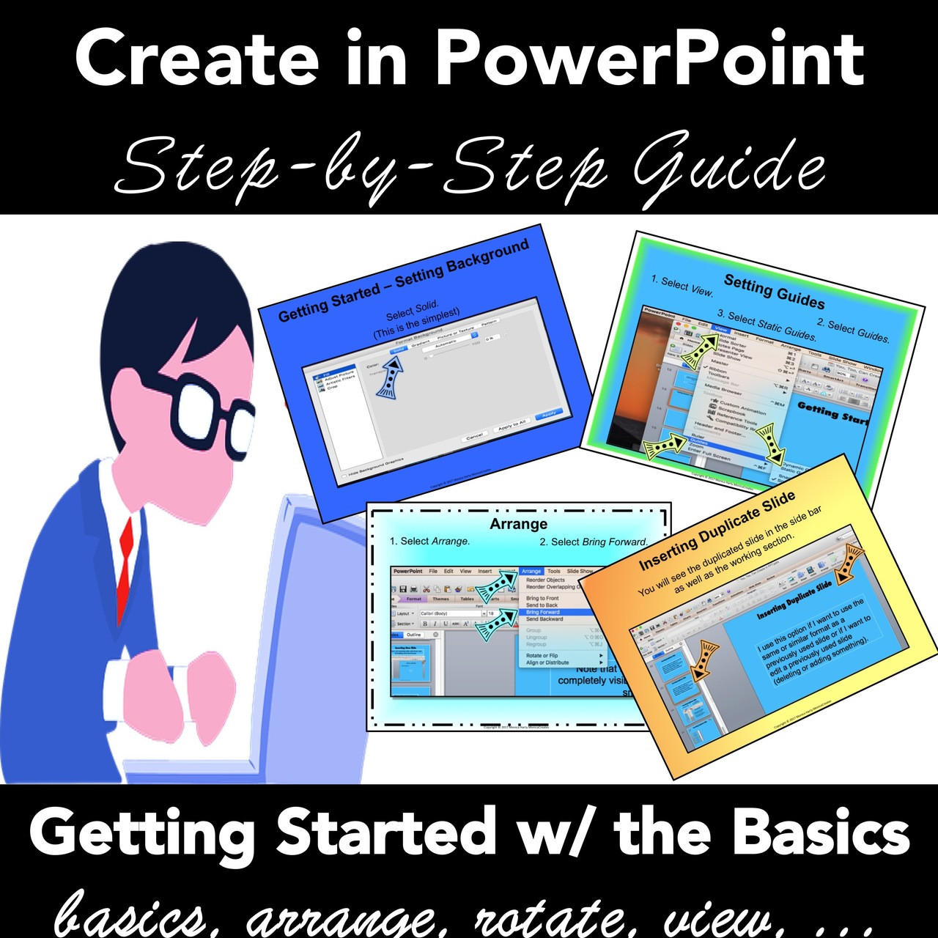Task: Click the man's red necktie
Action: coord(126,557)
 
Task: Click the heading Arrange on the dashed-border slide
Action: coord(518,524)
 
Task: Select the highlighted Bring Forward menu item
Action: coord(543,612)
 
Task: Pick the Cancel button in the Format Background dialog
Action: coord(475,437)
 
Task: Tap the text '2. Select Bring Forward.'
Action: coord(594,542)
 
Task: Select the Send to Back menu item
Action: coord(542,605)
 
